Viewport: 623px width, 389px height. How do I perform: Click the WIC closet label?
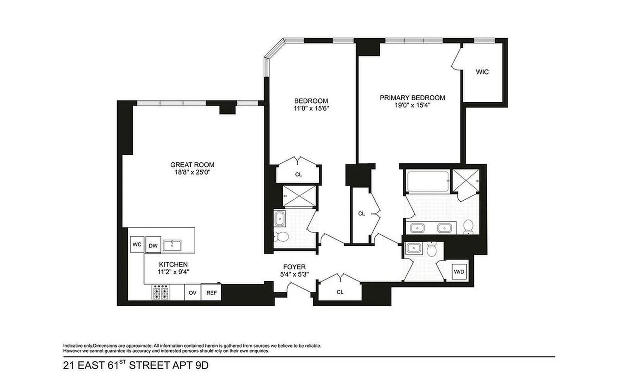pyautogui.click(x=482, y=72)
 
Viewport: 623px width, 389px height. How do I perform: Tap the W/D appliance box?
pyautogui.click(x=459, y=272)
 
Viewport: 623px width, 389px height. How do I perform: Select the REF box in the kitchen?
pyautogui.click(x=211, y=292)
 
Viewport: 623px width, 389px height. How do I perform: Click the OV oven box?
pyautogui.click(x=192, y=292)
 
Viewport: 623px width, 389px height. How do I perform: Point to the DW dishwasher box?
pyautogui.click(x=153, y=245)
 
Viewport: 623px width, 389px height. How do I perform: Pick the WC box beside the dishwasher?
pyautogui.click(x=137, y=244)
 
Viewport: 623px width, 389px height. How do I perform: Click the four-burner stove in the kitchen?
pyautogui.click(x=161, y=292)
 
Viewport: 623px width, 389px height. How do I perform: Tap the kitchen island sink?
pyautogui.click(x=172, y=245)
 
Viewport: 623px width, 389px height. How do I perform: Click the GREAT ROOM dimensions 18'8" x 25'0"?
pyautogui.click(x=192, y=172)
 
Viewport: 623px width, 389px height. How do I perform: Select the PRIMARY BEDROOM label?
pyautogui.click(x=412, y=98)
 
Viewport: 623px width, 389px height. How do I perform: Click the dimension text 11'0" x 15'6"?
pyautogui.click(x=311, y=109)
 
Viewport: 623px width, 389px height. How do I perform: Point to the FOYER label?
pyautogui.click(x=294, y=267)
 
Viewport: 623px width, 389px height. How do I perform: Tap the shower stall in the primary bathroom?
pyautogui.click(x=466, y=181)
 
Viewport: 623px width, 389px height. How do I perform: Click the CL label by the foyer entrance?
pyautogui.click(x=340, y=292)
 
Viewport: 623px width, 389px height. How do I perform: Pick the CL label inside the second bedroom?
pyautogui.click(x=298, y=174)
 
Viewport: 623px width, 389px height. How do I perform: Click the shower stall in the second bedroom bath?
pyautogui.click(x=299, y=196)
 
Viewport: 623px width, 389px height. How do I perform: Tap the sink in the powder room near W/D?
pyautogui.click(x=414, y=248)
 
